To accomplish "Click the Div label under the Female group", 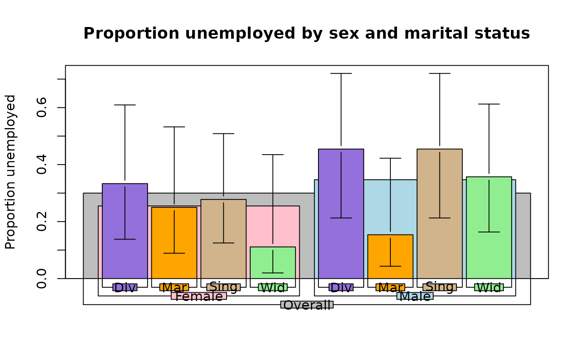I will click(x=125, y=287).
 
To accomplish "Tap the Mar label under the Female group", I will click(x=174, y=287).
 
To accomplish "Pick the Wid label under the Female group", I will click(x=273, y=287).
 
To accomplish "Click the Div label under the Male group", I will click(x=341, y=287).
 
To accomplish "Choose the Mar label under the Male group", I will click(x=390, y=287).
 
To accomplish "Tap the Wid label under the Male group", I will click(x=489, y=287).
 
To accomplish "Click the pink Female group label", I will click(x=199, y=296).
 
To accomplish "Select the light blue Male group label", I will click(x=415, y=296).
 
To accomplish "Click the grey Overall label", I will click(x=307, y=305).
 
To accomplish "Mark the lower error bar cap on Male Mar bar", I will click(x=390, y=266).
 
